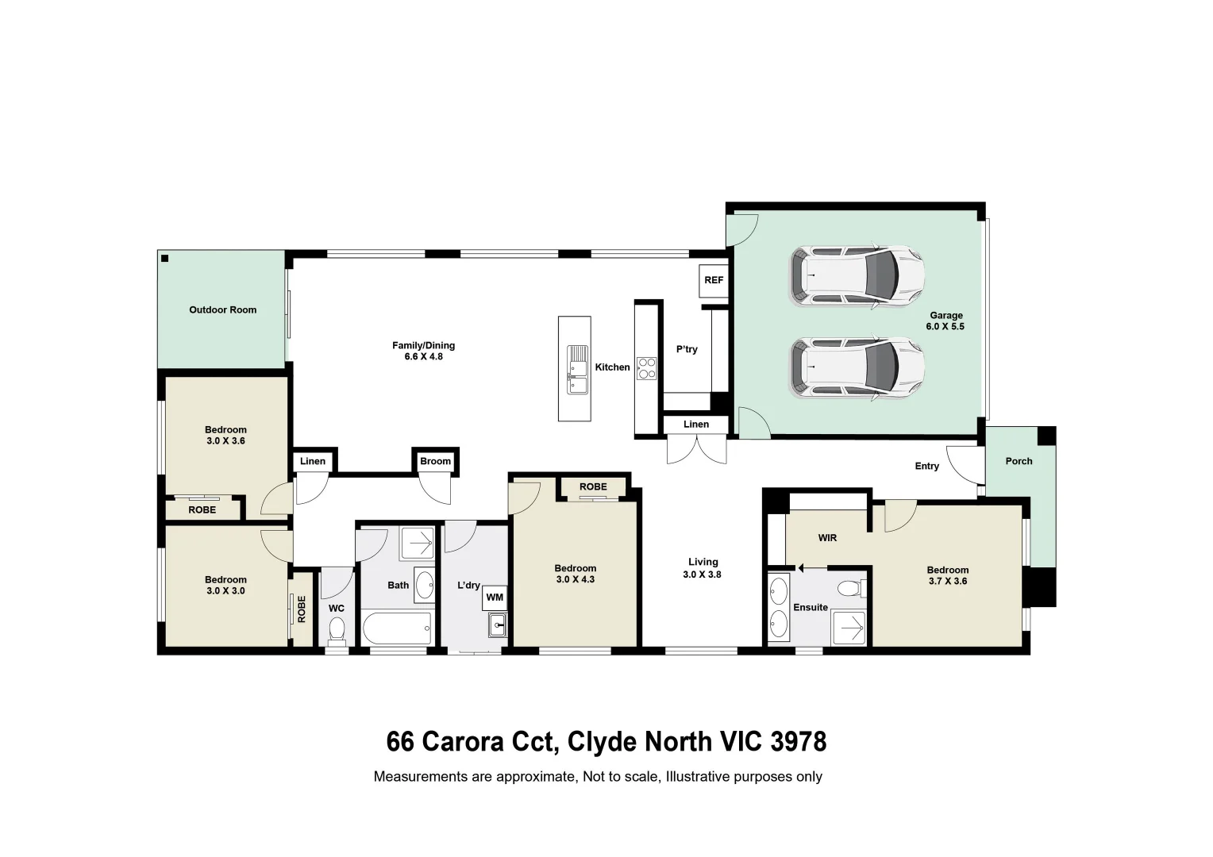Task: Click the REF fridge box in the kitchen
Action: [x=714, y=280]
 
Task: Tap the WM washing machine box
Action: [x=495, y=597]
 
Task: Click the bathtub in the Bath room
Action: [x=397, y=628]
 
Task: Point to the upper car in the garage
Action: [x=857, y=276]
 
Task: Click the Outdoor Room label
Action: [x=222, y=310]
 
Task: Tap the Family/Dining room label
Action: [x=423, y=351]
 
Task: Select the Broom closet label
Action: [x=435, y=461]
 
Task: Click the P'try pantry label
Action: [x=687, y=349]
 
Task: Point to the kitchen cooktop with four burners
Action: [x=647, y=367]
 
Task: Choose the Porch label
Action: [x=1019, y=461]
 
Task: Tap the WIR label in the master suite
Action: [x=827, y=538]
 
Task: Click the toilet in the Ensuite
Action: [x=853, y=588]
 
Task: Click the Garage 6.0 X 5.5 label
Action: [x=945, y=321]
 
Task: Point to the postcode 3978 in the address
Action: [x=798, y=742]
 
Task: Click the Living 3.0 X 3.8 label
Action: [x=703, y=568]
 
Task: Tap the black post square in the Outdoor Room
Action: [x=165, y=259]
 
